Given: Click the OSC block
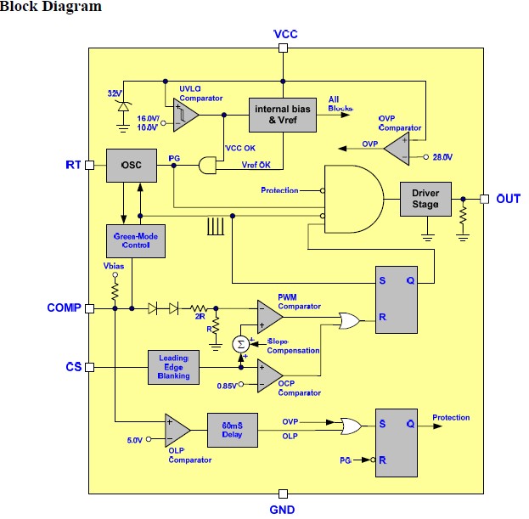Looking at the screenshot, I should [x=132, y=165].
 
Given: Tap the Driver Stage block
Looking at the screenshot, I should [x=425, y=199].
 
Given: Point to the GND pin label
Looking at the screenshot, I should [x=284, y=509].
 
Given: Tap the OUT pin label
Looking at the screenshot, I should [x=507, y=199].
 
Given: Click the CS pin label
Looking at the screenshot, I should [x=73, y=367].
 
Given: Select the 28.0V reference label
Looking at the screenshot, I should [x=442, y=157].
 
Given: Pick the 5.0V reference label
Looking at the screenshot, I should [x=134, y=440].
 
